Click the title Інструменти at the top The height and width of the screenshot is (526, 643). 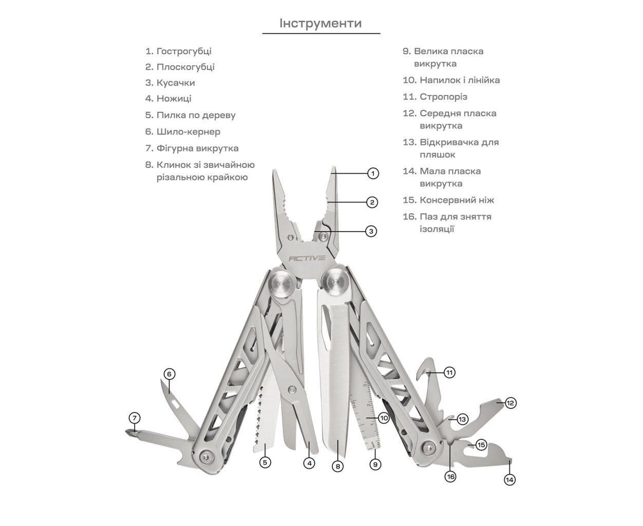pos(320,23)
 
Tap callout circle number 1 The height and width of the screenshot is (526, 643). pos(373,173)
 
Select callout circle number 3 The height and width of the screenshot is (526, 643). pos(371,231)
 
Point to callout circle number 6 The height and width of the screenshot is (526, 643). pos(169,374)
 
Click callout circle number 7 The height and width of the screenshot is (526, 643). pos(134,418)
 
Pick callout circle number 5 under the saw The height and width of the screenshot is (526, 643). pos(265,462)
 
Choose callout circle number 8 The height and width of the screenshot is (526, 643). pos(337,466)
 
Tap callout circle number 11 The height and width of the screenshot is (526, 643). pos(450,372)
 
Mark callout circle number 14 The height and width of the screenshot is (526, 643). pos(509,480)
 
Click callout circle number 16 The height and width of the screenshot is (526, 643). pos(450,477)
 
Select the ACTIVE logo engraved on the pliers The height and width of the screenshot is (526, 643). pos(307,258)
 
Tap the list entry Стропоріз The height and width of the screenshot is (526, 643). pos(443,97)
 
